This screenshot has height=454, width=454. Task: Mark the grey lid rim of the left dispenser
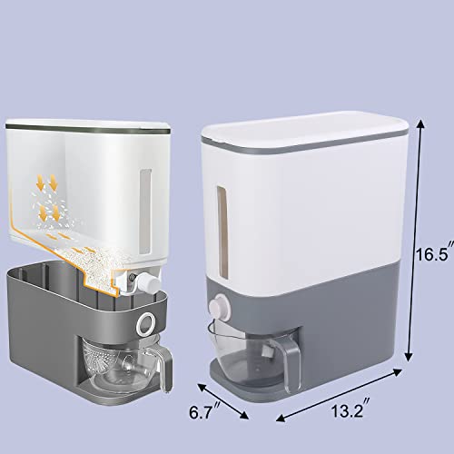click(x=91, y=133)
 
